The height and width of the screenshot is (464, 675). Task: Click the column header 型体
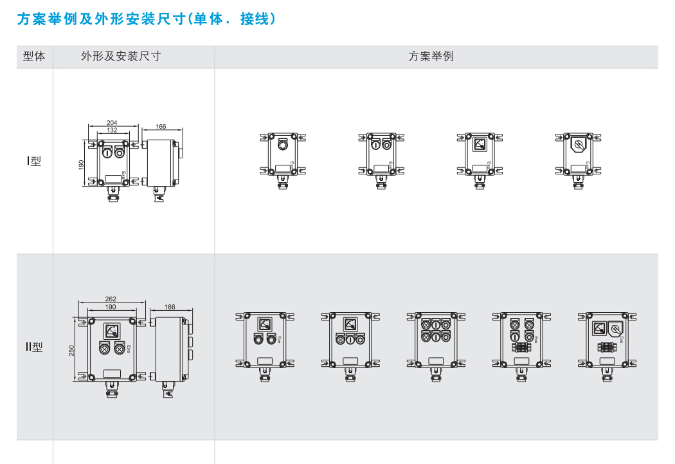34,57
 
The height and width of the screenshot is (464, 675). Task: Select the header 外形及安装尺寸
121,57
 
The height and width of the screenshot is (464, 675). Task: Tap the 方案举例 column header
431,57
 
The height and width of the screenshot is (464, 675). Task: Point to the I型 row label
33,162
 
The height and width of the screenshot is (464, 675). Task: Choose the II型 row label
33,348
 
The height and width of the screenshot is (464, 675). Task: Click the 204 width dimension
111,122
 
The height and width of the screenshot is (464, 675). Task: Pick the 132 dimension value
111,130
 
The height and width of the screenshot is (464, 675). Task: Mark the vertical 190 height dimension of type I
82,165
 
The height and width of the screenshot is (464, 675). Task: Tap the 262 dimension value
111,299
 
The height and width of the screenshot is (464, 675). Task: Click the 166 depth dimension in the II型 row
170,307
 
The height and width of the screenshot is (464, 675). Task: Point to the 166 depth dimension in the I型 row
161,127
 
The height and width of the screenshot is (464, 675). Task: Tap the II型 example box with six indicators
431,342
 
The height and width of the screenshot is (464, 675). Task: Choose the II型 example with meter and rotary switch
607,342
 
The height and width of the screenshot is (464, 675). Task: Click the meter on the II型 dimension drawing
111,331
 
